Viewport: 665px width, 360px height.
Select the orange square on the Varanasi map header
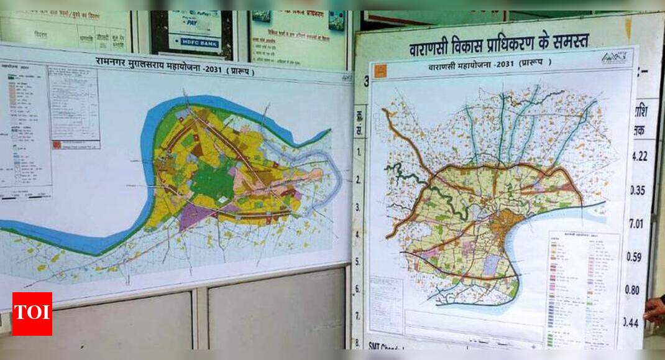tap(381, 71)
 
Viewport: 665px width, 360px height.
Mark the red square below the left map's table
tap(57, 144)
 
